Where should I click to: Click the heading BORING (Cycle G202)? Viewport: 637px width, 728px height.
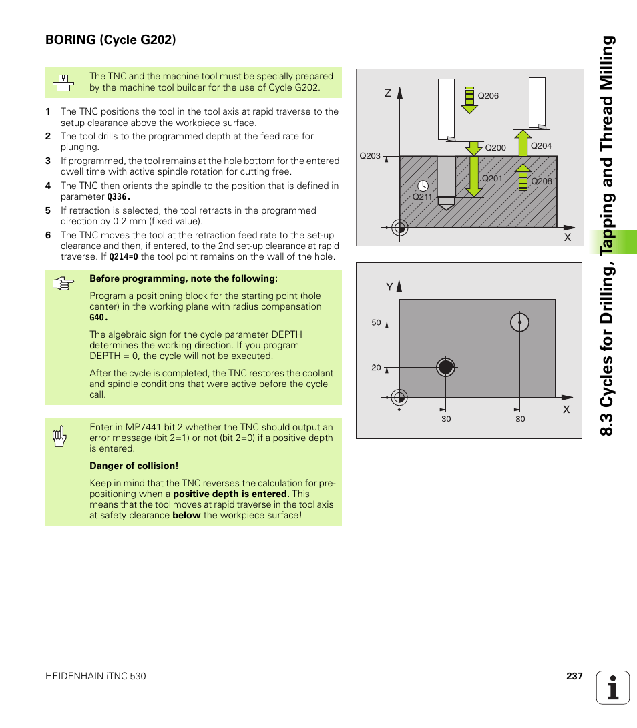click(x=111, y=40)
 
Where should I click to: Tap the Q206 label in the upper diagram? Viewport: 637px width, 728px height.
click(x=488, y=96)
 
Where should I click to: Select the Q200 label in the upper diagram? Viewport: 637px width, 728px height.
click(x=495, y=148)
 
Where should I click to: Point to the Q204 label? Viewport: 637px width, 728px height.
click(x=541, y=146)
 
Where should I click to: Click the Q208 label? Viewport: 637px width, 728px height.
click(x=541, y=181)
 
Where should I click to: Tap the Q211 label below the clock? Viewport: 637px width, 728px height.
click(x=423, y=197)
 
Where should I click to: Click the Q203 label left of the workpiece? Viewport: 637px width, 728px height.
click(x=370, y=156)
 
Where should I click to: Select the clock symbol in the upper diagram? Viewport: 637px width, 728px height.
click(x=423, y=185)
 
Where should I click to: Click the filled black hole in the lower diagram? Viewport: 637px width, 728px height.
click(x=445, y=367)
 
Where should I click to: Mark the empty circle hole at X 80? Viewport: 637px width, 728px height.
click(x=519, y=322)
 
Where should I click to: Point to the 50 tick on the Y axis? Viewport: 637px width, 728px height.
click(x=376, y=323)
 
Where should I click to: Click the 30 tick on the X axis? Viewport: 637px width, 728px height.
click(x=445, y=419)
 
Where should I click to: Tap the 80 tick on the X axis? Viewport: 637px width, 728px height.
click(x=520, y=419)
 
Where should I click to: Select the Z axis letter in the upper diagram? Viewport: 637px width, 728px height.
click(x=387, y=93)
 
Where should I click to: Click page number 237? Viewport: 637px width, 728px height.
click(x=574, y=676)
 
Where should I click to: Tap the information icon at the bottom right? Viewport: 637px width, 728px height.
click(x=613, y=687)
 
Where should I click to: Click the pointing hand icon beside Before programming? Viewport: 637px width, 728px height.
click(x=62, y=284)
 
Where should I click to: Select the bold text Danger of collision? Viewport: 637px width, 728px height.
click(x=134, y=466)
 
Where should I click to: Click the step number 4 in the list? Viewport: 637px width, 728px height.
click(x=48, y=186)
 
